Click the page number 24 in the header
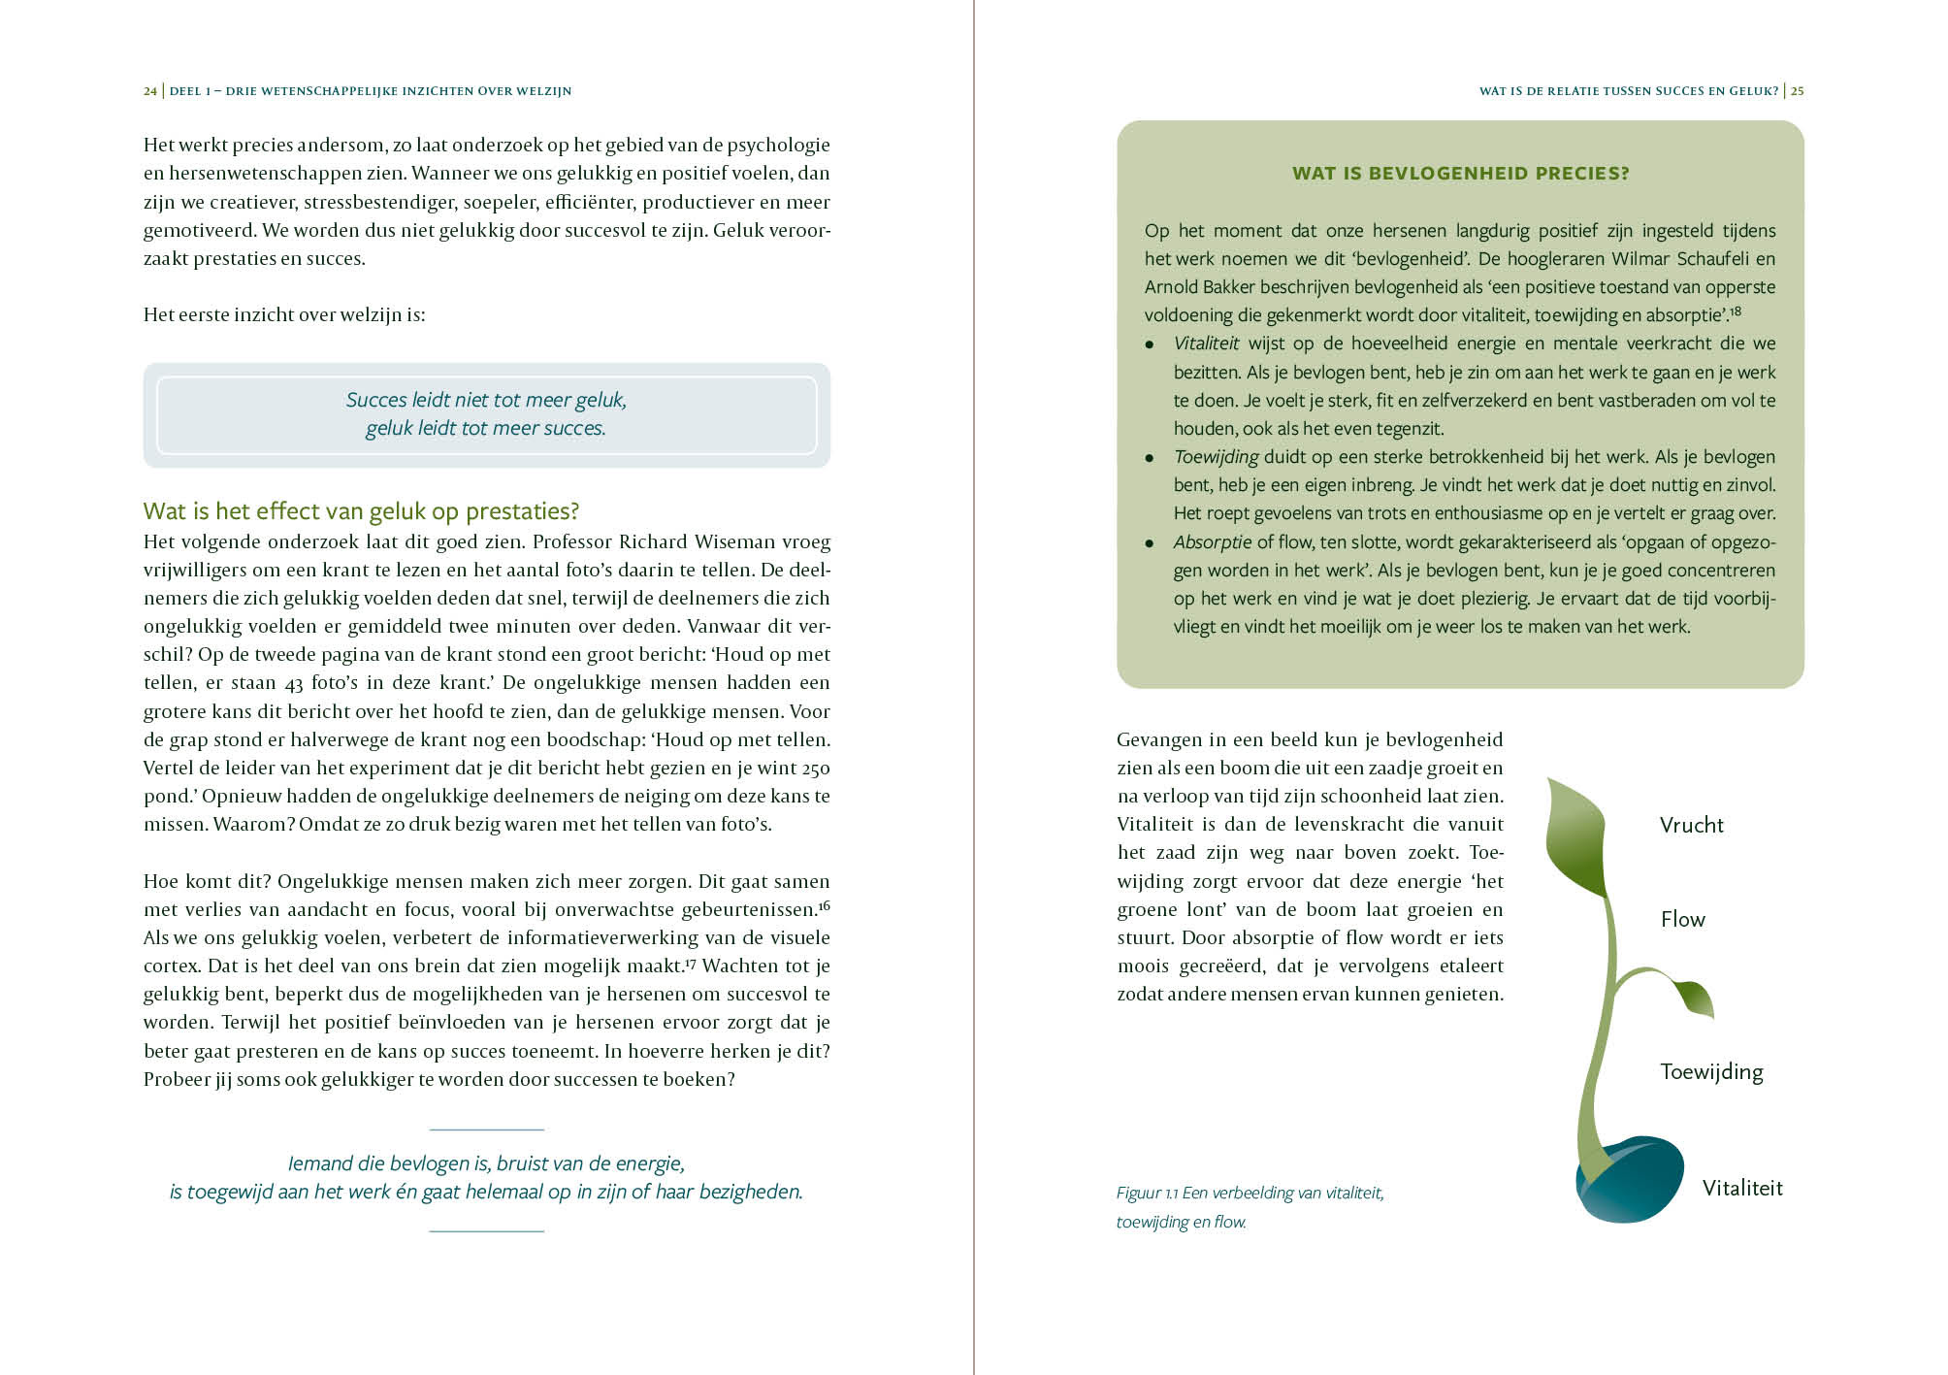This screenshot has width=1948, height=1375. [x=149, y=91]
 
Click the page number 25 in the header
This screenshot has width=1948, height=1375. [x=1797, y=91]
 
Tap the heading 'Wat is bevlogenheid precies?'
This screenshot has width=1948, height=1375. [x=1460, y=174]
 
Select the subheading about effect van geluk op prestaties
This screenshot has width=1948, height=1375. [x=361, y=511]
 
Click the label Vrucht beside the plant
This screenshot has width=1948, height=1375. [x=1691, y=826]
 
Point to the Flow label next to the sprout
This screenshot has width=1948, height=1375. [x=1682, y=920]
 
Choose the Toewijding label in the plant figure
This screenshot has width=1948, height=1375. [x=1710, y=1072]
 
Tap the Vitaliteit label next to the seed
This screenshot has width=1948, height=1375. [x=1741, y=1189]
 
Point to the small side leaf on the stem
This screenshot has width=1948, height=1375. [x=1694, y=997]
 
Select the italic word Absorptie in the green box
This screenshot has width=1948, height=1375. [x=1212, y=542]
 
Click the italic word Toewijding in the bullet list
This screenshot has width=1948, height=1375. [x=1216, y=457]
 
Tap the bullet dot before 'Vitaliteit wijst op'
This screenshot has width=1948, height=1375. [x=1150, y=344]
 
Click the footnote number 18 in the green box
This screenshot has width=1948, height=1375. [x=1735, y=311]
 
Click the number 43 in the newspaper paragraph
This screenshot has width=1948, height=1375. [x=294, y=684]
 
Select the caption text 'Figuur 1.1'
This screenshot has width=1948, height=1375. [x=1147, y=1194]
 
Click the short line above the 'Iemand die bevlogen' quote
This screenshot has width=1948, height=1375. [x=486, y=1129]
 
